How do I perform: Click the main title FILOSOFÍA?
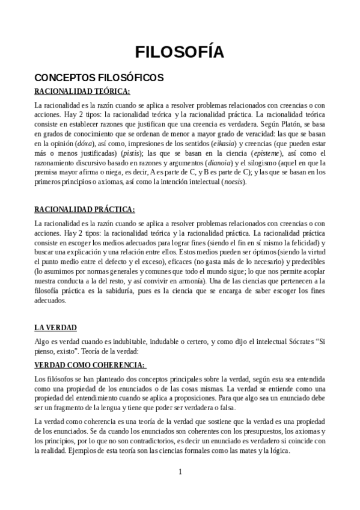(x=180, y=52)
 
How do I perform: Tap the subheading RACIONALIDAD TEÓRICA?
(x=82, y=91)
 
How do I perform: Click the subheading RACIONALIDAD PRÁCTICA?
(x=85, y=209)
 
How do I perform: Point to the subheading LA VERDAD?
(x=56, y=328)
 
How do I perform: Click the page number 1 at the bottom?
(x=180, y=472)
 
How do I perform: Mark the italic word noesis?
(x=233, y=182)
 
